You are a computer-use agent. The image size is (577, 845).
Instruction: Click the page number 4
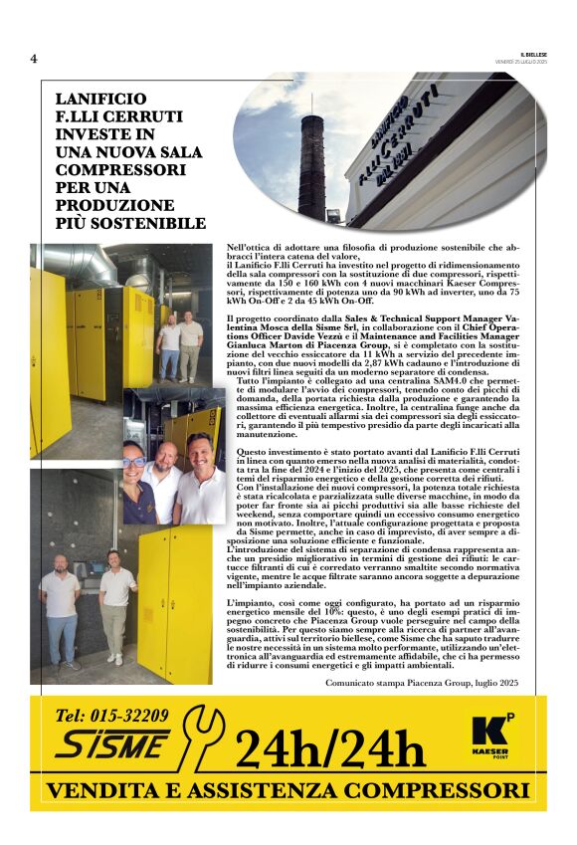click(x=34, y=59)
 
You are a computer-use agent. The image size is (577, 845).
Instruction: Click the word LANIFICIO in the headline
click(x=100, y=100)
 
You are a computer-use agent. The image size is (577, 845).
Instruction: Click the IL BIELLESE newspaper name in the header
click(x=533, y=52)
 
